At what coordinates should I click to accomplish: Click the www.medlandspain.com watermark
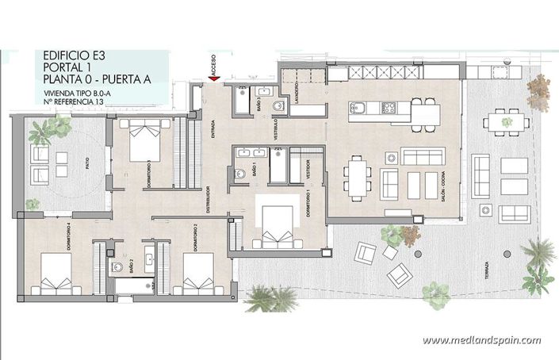pos(481,341)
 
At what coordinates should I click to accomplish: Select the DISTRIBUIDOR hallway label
pos(207,201)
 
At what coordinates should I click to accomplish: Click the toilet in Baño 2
pos(117,266)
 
